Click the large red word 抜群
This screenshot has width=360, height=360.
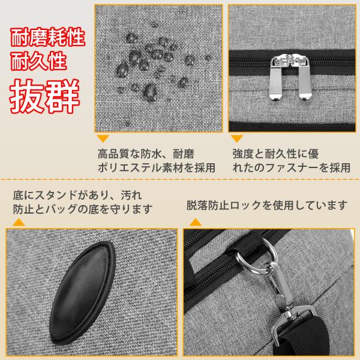click(44, 96)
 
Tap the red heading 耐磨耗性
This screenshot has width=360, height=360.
click(48, 37)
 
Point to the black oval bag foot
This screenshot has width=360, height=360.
click(82, 293)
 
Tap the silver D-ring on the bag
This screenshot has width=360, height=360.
click(257, 254)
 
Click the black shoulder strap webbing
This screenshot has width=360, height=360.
click(302, 334)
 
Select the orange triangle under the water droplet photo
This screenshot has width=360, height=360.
click(103, 139)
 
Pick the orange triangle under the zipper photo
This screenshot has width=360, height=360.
click(237, 139)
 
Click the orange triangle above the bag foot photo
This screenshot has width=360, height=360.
click(19, 222)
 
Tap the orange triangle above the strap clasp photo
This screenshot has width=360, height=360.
click(196, 222)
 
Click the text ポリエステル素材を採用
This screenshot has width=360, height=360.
click(157, 167)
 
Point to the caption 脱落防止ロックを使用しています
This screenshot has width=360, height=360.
click(266, 205)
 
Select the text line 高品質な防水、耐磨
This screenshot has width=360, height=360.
click(146, 154)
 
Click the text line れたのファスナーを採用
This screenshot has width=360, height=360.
click(292, 167)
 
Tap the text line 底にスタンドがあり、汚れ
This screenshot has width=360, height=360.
click(77, 196)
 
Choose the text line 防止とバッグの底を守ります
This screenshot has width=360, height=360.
click(83, 209)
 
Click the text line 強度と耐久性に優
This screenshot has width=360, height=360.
click(275, 154)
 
